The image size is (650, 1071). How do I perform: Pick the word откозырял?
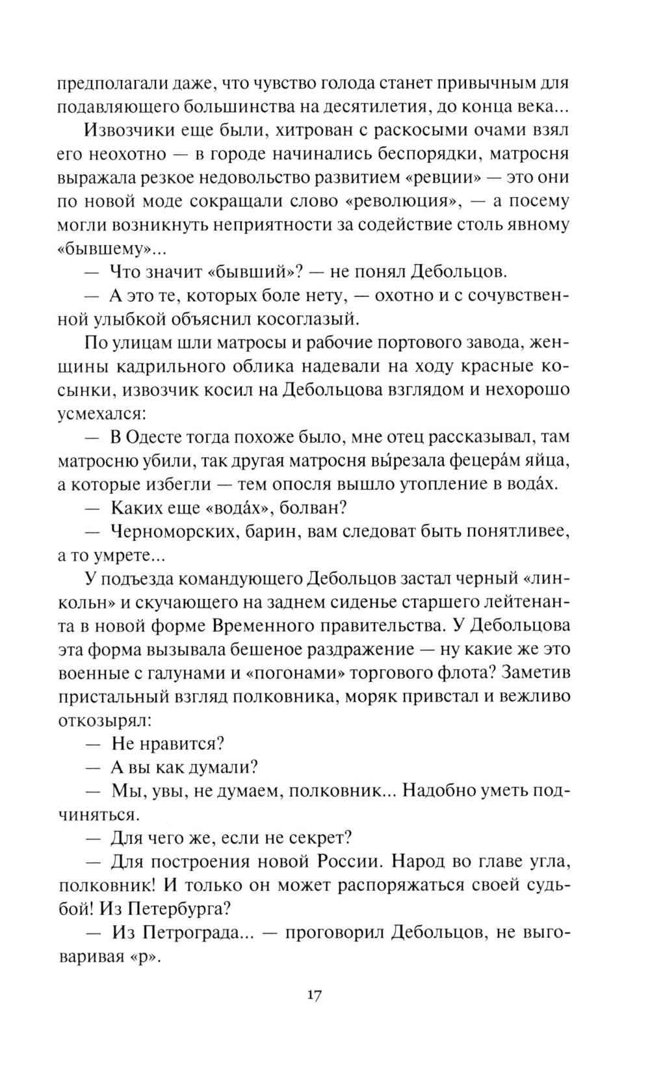coord(105,720)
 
